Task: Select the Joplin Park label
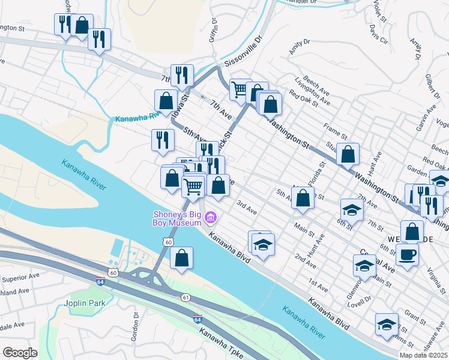[x=83, y=302]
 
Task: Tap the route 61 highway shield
[x=185, y=297]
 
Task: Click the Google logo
[x=20, y=353]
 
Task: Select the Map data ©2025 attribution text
[x=423, y=355]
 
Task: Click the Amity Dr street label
[x=299, y=46]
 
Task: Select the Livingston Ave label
[x=312, y=91]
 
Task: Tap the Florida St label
[x=317, y=173]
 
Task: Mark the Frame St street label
[x=335, y=130]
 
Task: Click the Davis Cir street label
[x=379, y=34]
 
